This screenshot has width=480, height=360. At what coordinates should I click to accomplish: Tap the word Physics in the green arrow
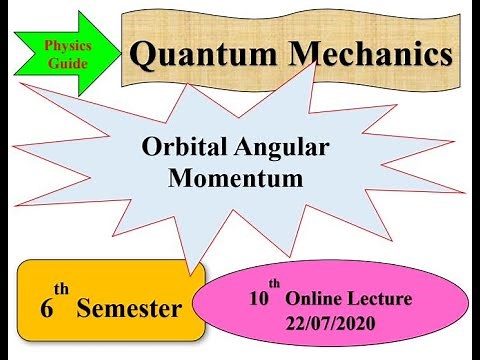tap(66, 46)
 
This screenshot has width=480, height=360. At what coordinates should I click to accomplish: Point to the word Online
tap(318, 299)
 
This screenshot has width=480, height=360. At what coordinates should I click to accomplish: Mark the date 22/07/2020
tap(328, 325)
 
